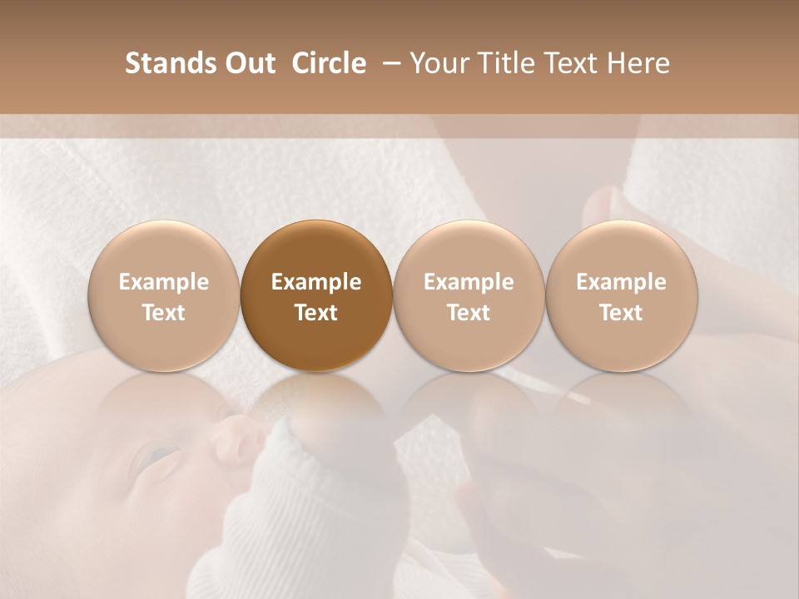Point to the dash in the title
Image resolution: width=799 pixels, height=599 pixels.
[x=390, y=63]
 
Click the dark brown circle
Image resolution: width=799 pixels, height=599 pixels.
[x=316, y=295]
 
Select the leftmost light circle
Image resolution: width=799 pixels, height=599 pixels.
[x=164, y=295]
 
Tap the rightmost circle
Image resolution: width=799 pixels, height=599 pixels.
[x=621, y=295]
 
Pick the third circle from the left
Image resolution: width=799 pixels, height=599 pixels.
[x=469, y=295]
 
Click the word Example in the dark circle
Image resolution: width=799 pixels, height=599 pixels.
[x=316, y=282]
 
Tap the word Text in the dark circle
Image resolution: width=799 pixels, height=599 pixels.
[x=316, y=313]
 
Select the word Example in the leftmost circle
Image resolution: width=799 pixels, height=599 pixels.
[x=164, y=282]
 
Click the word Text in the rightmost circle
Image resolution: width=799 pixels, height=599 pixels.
[x=621, y=313]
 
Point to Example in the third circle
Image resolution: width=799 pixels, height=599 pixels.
[x=469, y=282]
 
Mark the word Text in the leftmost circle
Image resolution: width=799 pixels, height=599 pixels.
[x=164, y=313]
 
